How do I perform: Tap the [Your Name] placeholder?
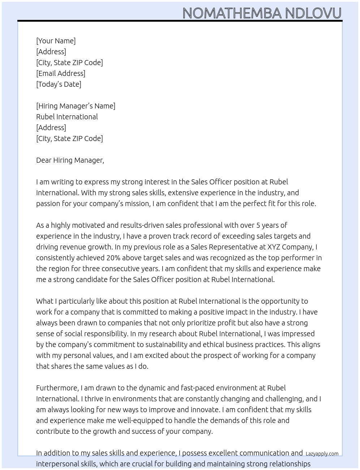[x=56, y=41]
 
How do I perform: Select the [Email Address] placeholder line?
[x=61, y=73]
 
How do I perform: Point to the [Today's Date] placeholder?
[x=59, y=84]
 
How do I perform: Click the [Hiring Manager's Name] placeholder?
[x=76, y=106]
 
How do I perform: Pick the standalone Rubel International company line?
[x=67, y=117]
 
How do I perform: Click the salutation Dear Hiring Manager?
[x=70, y=160]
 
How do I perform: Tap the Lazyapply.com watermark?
[x=322, y=454]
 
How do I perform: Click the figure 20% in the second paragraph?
[x=113, y=258]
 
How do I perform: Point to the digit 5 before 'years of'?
[x=258, y=225]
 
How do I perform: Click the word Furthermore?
[x=57, y=388]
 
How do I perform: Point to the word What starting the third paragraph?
[x=44, y=301]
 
